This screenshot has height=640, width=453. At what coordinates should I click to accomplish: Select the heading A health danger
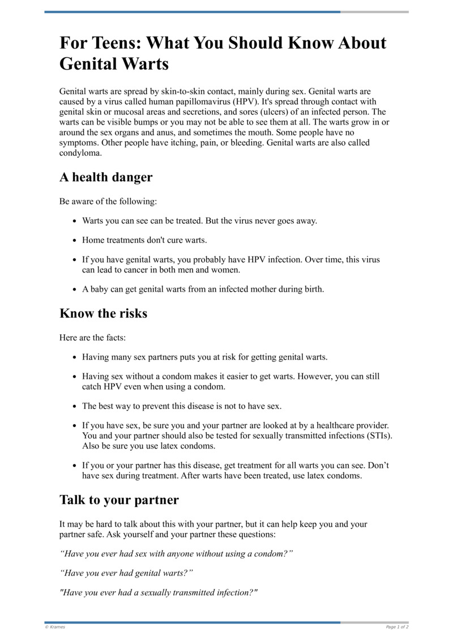click(x=106, y=177)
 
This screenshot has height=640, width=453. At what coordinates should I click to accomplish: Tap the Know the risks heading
click(x=103, y=313)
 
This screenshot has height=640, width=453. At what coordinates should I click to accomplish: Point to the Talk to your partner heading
click(x=119, y=500)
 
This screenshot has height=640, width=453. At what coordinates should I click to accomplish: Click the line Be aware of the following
click(x=108, y=201)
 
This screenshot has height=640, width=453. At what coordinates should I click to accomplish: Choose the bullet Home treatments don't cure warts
click(x=144, y=240)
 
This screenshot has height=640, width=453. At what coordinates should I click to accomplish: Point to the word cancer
click(x=125, y=270)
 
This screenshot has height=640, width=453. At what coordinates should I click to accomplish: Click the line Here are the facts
click(x=92, y=338)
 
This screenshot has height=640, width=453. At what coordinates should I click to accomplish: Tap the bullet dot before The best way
click(x=75, y=406)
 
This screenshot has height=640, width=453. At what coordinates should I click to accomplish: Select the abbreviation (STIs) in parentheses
click(x=379, y=436)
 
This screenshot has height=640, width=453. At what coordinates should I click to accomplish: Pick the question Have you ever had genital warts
click(x=126, y=573)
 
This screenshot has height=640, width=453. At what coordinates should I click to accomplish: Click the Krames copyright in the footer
click(x=55, y=627)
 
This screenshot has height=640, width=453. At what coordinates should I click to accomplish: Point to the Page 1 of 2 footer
click(x=397, y=627)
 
